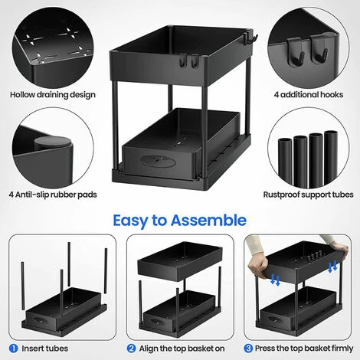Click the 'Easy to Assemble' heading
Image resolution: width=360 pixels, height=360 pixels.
(x=179, y=221)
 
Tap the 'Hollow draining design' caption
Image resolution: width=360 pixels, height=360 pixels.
(x=52, y=95)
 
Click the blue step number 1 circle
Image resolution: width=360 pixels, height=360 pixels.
(x=16, y=347)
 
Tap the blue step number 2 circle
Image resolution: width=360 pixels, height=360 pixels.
(x=133, y=347)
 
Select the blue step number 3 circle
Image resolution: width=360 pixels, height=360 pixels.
(x=249, y=347)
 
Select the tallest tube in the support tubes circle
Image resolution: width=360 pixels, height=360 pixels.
(x=331, y=153)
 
